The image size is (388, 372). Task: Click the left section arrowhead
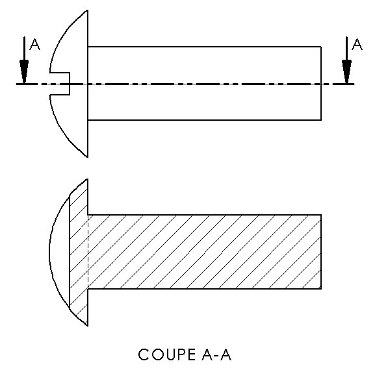pos(24,71)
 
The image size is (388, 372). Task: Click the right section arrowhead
pos(346,71)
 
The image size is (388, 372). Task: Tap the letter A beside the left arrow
pos(34,44)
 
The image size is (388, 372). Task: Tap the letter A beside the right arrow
pos(357,44)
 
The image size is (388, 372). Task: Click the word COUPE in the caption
pos(166,354)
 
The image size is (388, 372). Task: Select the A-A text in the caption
pos(216,354)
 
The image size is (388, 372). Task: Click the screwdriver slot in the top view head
pos(60,84)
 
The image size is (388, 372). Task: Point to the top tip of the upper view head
pos(88,10)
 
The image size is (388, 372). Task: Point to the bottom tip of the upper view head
pos(88,156)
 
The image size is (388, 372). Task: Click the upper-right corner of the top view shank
pos(321,47)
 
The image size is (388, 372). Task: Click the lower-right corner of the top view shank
pos(321,120)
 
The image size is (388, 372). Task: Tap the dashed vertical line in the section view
pos(88,252)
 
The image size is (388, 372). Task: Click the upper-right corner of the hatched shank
pos(321,215)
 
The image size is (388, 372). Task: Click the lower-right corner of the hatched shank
pos(321,288)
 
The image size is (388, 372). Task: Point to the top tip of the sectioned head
pos(88,179)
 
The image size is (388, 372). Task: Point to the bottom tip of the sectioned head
pos(88,325)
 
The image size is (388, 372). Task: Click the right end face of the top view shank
pos(321,83)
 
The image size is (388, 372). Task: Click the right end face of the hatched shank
pos(321,252)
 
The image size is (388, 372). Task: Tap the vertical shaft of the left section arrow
pos(24,49)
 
